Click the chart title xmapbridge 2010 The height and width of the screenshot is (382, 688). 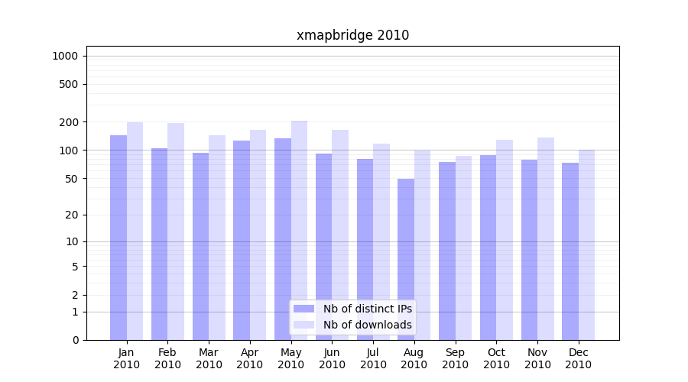(352, 35)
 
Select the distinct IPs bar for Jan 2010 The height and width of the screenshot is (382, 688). (118, 237)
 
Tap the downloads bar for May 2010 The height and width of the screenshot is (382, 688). (299, 229)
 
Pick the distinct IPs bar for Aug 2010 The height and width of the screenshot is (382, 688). (406, 260)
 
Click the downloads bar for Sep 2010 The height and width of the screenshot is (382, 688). (463, 248)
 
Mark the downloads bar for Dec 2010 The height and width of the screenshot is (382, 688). (586, 244)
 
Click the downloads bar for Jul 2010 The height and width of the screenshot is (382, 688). (381, 241)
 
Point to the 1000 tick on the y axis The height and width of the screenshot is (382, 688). (65, 56)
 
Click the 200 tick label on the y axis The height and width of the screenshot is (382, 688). (69, 122)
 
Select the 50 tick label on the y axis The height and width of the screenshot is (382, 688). (72, 179)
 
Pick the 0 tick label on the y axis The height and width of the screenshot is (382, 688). (75, 340)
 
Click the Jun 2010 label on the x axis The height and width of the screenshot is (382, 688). (332, 358)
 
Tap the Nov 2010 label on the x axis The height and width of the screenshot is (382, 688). (537, 358)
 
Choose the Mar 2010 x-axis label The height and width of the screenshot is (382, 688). (209, 358)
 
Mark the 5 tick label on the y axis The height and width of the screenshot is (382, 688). (75, 267)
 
